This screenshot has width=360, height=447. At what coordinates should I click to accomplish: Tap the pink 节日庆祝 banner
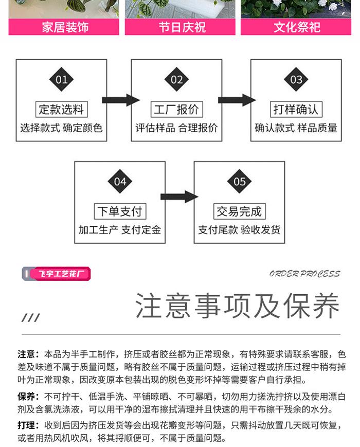click(180, 27)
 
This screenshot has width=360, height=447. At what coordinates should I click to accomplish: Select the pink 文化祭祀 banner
click(297, 27)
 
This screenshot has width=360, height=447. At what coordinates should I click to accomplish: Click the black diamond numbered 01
click(61, 80)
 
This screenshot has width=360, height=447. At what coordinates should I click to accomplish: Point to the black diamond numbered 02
click(176, 80)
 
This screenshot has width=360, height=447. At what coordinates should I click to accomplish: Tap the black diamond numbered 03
click(296, 80)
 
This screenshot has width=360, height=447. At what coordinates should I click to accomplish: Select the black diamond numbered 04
click(120, 182)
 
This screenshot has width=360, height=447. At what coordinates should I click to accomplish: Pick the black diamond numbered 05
click(239, 182)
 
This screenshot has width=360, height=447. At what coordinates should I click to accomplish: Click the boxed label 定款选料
click(61, 110)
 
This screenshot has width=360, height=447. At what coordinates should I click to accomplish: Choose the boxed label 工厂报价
click(176, 110)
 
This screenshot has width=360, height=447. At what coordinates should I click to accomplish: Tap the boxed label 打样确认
click(296, 110)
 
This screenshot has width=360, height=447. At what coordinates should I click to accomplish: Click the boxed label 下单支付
click(120, 211)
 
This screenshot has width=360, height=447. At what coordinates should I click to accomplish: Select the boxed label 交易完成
click(239, 211)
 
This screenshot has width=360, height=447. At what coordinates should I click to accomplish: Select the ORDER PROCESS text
click(304, 274)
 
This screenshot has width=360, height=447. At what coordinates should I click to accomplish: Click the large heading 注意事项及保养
click(238, 306)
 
